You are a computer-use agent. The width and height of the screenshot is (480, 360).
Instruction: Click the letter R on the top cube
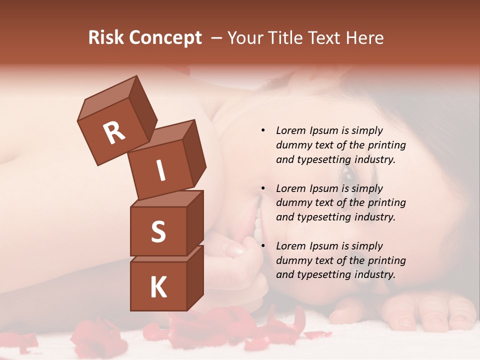pos(114,132)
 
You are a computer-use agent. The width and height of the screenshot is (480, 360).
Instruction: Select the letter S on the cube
pos(158,231)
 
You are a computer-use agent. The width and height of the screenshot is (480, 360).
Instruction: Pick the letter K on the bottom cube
pos(158,287)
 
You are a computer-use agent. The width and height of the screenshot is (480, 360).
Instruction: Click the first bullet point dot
pos(263,130)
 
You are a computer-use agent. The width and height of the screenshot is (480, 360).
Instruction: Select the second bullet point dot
pos(263,188)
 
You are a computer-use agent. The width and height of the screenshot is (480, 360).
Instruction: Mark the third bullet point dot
pos(263,246)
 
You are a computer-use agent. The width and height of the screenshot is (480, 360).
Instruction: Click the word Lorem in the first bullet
pos(290,130)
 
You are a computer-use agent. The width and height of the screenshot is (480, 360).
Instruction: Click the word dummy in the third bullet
pos(293,260)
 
